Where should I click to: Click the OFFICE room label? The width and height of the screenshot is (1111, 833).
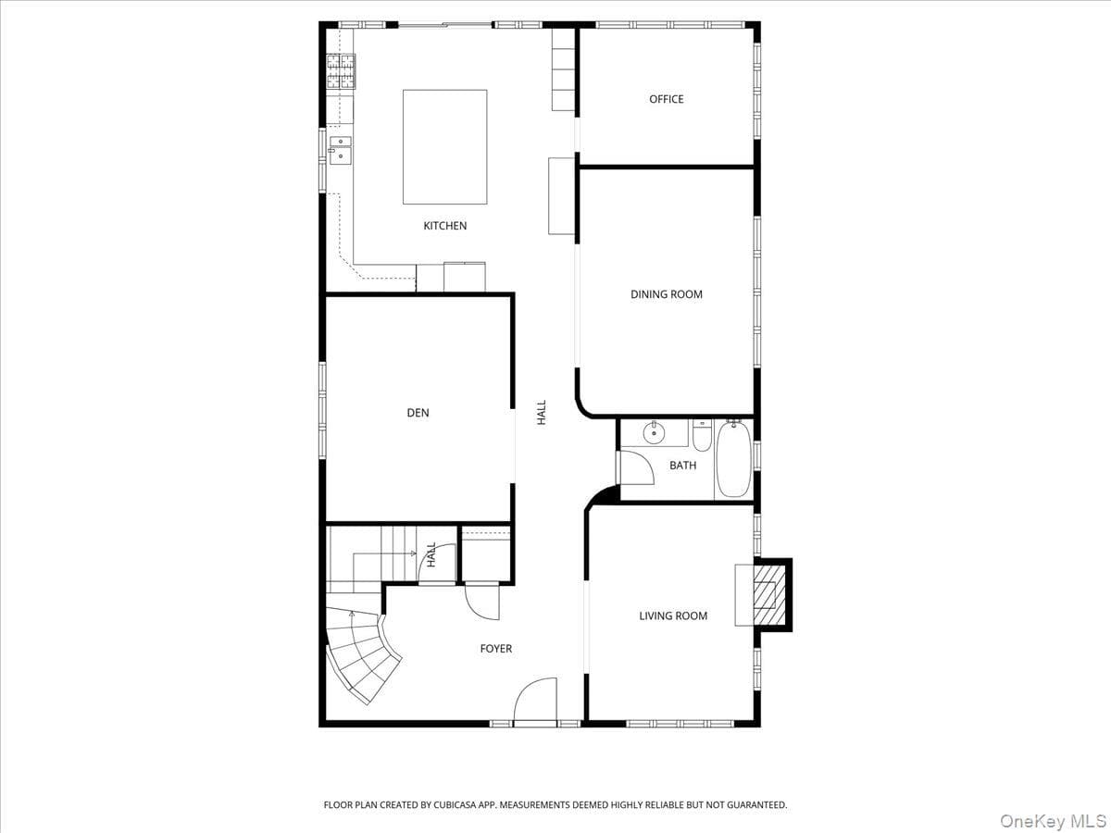[x=666, y=99]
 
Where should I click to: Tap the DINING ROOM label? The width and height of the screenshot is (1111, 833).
[x=666, y=294]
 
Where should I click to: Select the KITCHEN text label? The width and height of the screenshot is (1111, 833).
[x=445, y=226]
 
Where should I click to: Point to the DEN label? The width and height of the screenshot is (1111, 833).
[x=418, y=413]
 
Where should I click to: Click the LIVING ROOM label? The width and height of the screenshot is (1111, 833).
[x=673, y=616]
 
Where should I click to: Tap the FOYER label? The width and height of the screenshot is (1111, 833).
[x=496, y=649]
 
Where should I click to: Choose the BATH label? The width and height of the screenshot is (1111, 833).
[x=682, y=466]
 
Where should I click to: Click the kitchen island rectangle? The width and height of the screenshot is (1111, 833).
[x=445, y=147]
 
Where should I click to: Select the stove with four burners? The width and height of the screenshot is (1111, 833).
[x=341, y=71]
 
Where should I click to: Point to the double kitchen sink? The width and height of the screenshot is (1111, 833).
[x=341, y=150]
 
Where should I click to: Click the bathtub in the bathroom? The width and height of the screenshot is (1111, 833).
[x=733, y=460]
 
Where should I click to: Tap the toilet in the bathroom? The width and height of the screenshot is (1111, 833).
[x=702, y=436]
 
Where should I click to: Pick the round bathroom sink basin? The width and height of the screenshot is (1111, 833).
[x=654, y=433]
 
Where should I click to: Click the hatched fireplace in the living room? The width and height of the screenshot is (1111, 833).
[x=769, y=595]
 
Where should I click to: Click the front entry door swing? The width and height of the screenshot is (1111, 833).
[x=535, y=701]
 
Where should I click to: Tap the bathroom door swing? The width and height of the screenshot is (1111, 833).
[x=637, y=467]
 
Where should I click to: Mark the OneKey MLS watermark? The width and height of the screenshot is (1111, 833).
[x=1053, y=820]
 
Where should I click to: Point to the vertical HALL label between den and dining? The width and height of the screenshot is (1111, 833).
[x=542, y=413]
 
